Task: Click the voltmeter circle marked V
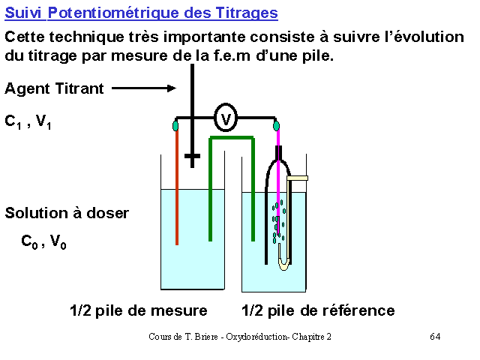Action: coord(226,118)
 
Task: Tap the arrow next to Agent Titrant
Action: coord(144,88)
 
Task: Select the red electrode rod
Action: coord(177,187)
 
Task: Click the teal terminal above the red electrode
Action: coord(175,126)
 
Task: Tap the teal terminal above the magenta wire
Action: coord(276,126)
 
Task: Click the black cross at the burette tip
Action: coord(192,156)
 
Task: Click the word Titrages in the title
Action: coord(247,13)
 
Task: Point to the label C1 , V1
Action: coord(28,121)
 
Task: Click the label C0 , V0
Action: coord(43,241)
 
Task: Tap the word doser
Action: coord(108,213)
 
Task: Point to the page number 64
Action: coord(435,337)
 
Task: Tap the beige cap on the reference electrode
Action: coord(297,178)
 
